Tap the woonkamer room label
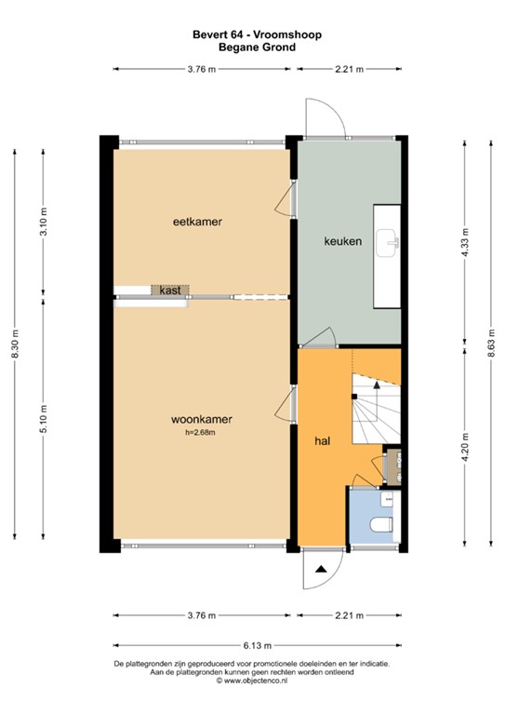point(201,419)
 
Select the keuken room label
point(342,241)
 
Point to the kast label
point(169,290)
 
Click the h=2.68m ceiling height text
point(202,432)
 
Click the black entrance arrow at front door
point(320,569)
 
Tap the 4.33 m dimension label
point(465,239)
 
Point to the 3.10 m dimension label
point(43,222)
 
